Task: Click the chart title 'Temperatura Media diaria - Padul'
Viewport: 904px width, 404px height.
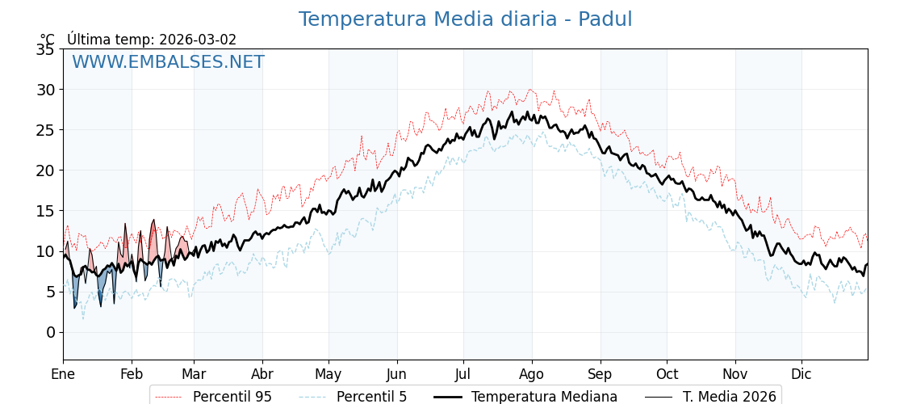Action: pyautogui.click(x=465, y=19)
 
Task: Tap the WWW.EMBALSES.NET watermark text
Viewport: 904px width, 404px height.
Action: pyautogui.click(x=168, y=62)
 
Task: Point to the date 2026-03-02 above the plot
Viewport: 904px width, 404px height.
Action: pyautogui.click(x=198, y=40)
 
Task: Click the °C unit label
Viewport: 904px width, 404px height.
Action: pyautogui.click(x=48, y=40)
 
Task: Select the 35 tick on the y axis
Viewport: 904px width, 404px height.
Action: pyautogui.click(x=45, y=49)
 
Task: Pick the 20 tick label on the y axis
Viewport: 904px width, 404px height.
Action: pyautogui.click(x=45, y=170)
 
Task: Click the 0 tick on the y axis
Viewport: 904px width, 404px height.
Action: pyautogui.click(x=50, y=332)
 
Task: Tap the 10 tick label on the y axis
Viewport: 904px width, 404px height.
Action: pyautogui.click(x=45, y=251)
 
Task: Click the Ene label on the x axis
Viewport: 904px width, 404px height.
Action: pyautogui.click(x=63, y=374)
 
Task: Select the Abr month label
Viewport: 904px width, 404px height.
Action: pyautogui.click(x=262, y=374)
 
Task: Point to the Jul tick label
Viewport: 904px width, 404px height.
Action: pyautogui.click(x=463, y=374)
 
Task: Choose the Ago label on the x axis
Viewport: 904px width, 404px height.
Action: pyautogui.click(x=532, y=374)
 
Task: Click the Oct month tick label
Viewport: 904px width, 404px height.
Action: pyautogui.click(x=667, y=374)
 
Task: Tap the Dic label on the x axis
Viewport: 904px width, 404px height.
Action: pyautogui.click(x=801, y=374)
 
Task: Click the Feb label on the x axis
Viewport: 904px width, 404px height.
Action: pyautogui.click(x=132, y=374)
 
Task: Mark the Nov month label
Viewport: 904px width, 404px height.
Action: pyautogui.click(x=735, y=374)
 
